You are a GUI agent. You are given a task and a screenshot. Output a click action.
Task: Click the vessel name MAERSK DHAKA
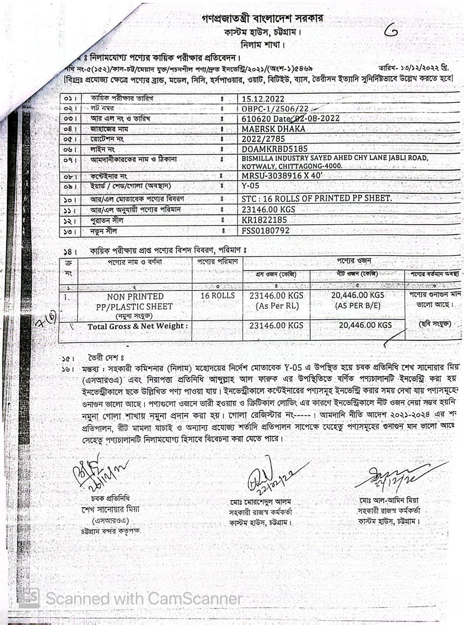point(273,129)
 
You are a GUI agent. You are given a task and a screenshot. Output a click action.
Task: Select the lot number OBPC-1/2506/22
point(275,109)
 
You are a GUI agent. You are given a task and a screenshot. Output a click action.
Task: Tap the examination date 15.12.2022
point(263,99)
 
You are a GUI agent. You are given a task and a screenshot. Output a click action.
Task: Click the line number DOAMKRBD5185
point(275,148)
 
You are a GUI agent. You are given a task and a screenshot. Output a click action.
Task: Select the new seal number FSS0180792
point(266,230)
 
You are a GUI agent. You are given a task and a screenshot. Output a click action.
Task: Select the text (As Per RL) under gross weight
point(276,306)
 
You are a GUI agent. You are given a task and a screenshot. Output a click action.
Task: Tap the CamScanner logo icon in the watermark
point(29,598)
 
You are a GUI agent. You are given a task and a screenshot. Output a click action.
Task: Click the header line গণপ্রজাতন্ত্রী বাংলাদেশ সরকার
point(262,19)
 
